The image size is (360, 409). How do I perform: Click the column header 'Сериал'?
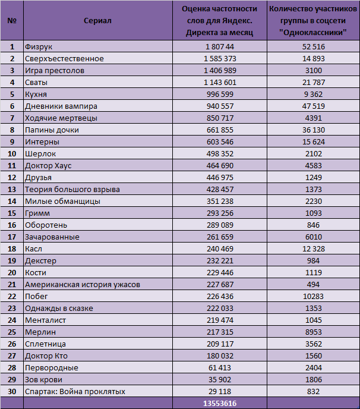tap(97, 21)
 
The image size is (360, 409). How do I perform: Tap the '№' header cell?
tap(12, 21)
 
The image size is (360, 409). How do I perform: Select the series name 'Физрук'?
tap(39, 47)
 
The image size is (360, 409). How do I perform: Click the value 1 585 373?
tap(220, 58)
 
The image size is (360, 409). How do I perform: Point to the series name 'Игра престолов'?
tap(55, 71)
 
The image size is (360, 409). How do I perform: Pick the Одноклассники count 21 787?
tap(314, 83)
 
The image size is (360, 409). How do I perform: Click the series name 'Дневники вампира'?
tap(61, 106)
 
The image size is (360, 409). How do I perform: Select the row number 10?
tap(12, 154)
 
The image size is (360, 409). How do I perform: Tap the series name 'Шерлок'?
tap(40, 154)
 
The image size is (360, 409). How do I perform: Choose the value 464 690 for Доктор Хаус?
tap(220, 166)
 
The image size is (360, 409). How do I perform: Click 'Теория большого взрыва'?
tap(72, 190)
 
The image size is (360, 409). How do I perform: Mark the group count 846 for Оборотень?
tap(313, 225)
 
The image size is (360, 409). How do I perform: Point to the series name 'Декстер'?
tap(40, 261)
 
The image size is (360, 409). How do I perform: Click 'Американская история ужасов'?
tap(83, 285)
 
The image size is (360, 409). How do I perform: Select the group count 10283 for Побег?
tap(313, 297)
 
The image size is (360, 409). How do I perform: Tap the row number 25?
tap(12, 332)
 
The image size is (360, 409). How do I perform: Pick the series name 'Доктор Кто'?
tap(46, 356)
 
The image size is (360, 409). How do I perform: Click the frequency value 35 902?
tap(220, 380)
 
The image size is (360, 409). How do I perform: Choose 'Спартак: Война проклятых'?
tap(75, 392)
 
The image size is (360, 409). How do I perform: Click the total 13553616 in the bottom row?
tap(220, 404)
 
